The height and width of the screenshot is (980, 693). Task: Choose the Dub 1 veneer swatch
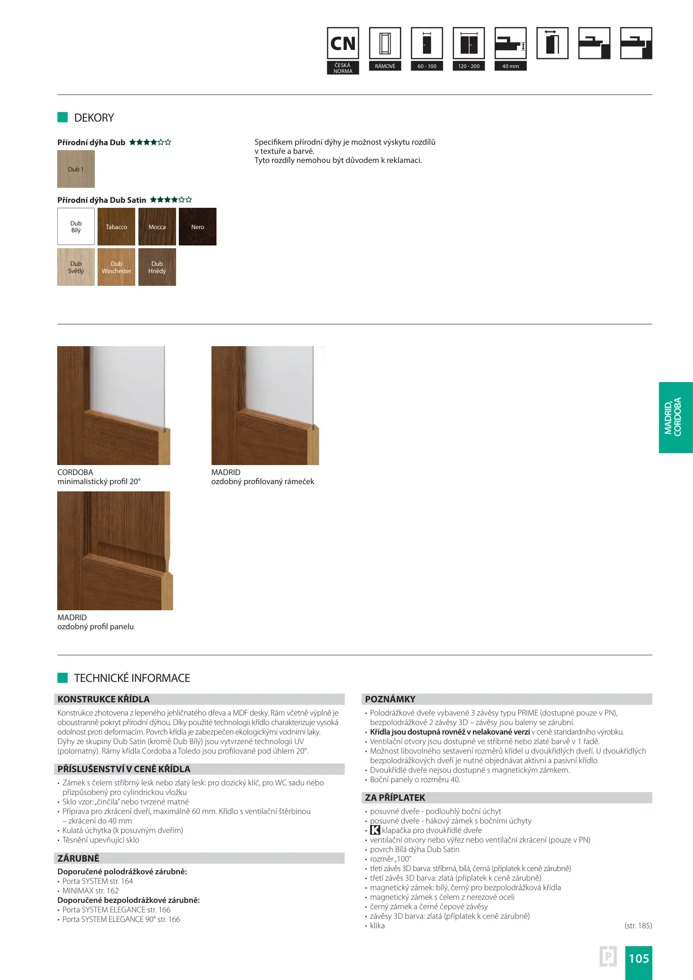[76, 169]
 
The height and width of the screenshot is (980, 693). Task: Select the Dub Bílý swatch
[76, 227]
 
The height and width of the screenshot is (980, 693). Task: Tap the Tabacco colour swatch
[116, 227]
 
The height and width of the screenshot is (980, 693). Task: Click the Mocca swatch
[157, 227]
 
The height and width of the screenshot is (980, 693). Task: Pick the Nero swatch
[197, 227]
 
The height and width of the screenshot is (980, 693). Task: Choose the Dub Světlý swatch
[76, 267]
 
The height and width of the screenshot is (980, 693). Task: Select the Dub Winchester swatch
[116, 267]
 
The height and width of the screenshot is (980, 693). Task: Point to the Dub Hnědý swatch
[157, 267]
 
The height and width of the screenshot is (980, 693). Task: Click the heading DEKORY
[94, 118]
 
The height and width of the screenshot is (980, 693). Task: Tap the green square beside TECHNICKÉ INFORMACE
[63, 678]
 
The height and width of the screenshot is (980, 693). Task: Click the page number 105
[639, 958]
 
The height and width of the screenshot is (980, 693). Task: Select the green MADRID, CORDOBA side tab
[675, 417]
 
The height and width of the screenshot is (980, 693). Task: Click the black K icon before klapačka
[375, 830]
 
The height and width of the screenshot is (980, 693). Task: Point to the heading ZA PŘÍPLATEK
[395, 798]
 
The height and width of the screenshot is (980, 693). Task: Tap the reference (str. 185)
[638, 926]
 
